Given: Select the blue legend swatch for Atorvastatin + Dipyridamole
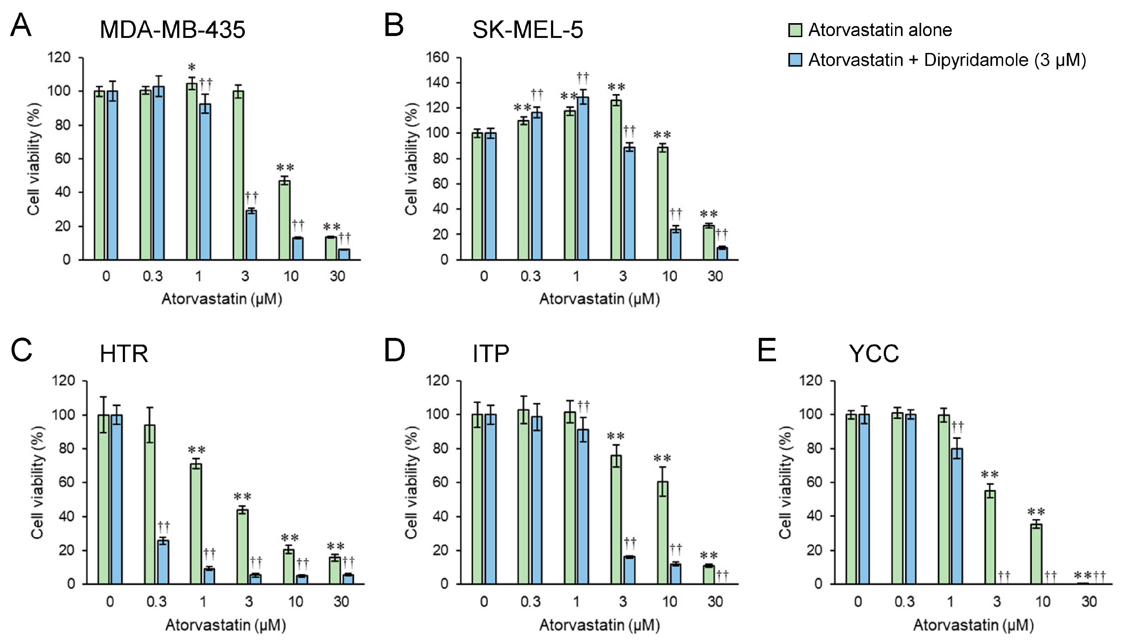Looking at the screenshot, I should click(x=795, y=60).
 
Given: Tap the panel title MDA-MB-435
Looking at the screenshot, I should click(x=172, y=30).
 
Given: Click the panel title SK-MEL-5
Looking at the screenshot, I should click(x=527, y=30).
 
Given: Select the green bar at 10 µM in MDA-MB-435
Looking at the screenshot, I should click(x=284, y=220).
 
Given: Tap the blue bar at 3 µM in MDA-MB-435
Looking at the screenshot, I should click(x=251, y=235).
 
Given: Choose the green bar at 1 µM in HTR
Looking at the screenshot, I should click(x=196, y=523).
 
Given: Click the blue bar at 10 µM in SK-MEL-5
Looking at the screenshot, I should click(x=675, y=244).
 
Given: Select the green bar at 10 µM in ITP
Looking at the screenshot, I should click(x=662, y=532).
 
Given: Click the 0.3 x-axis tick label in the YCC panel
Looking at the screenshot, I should click(x=904, y=601).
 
